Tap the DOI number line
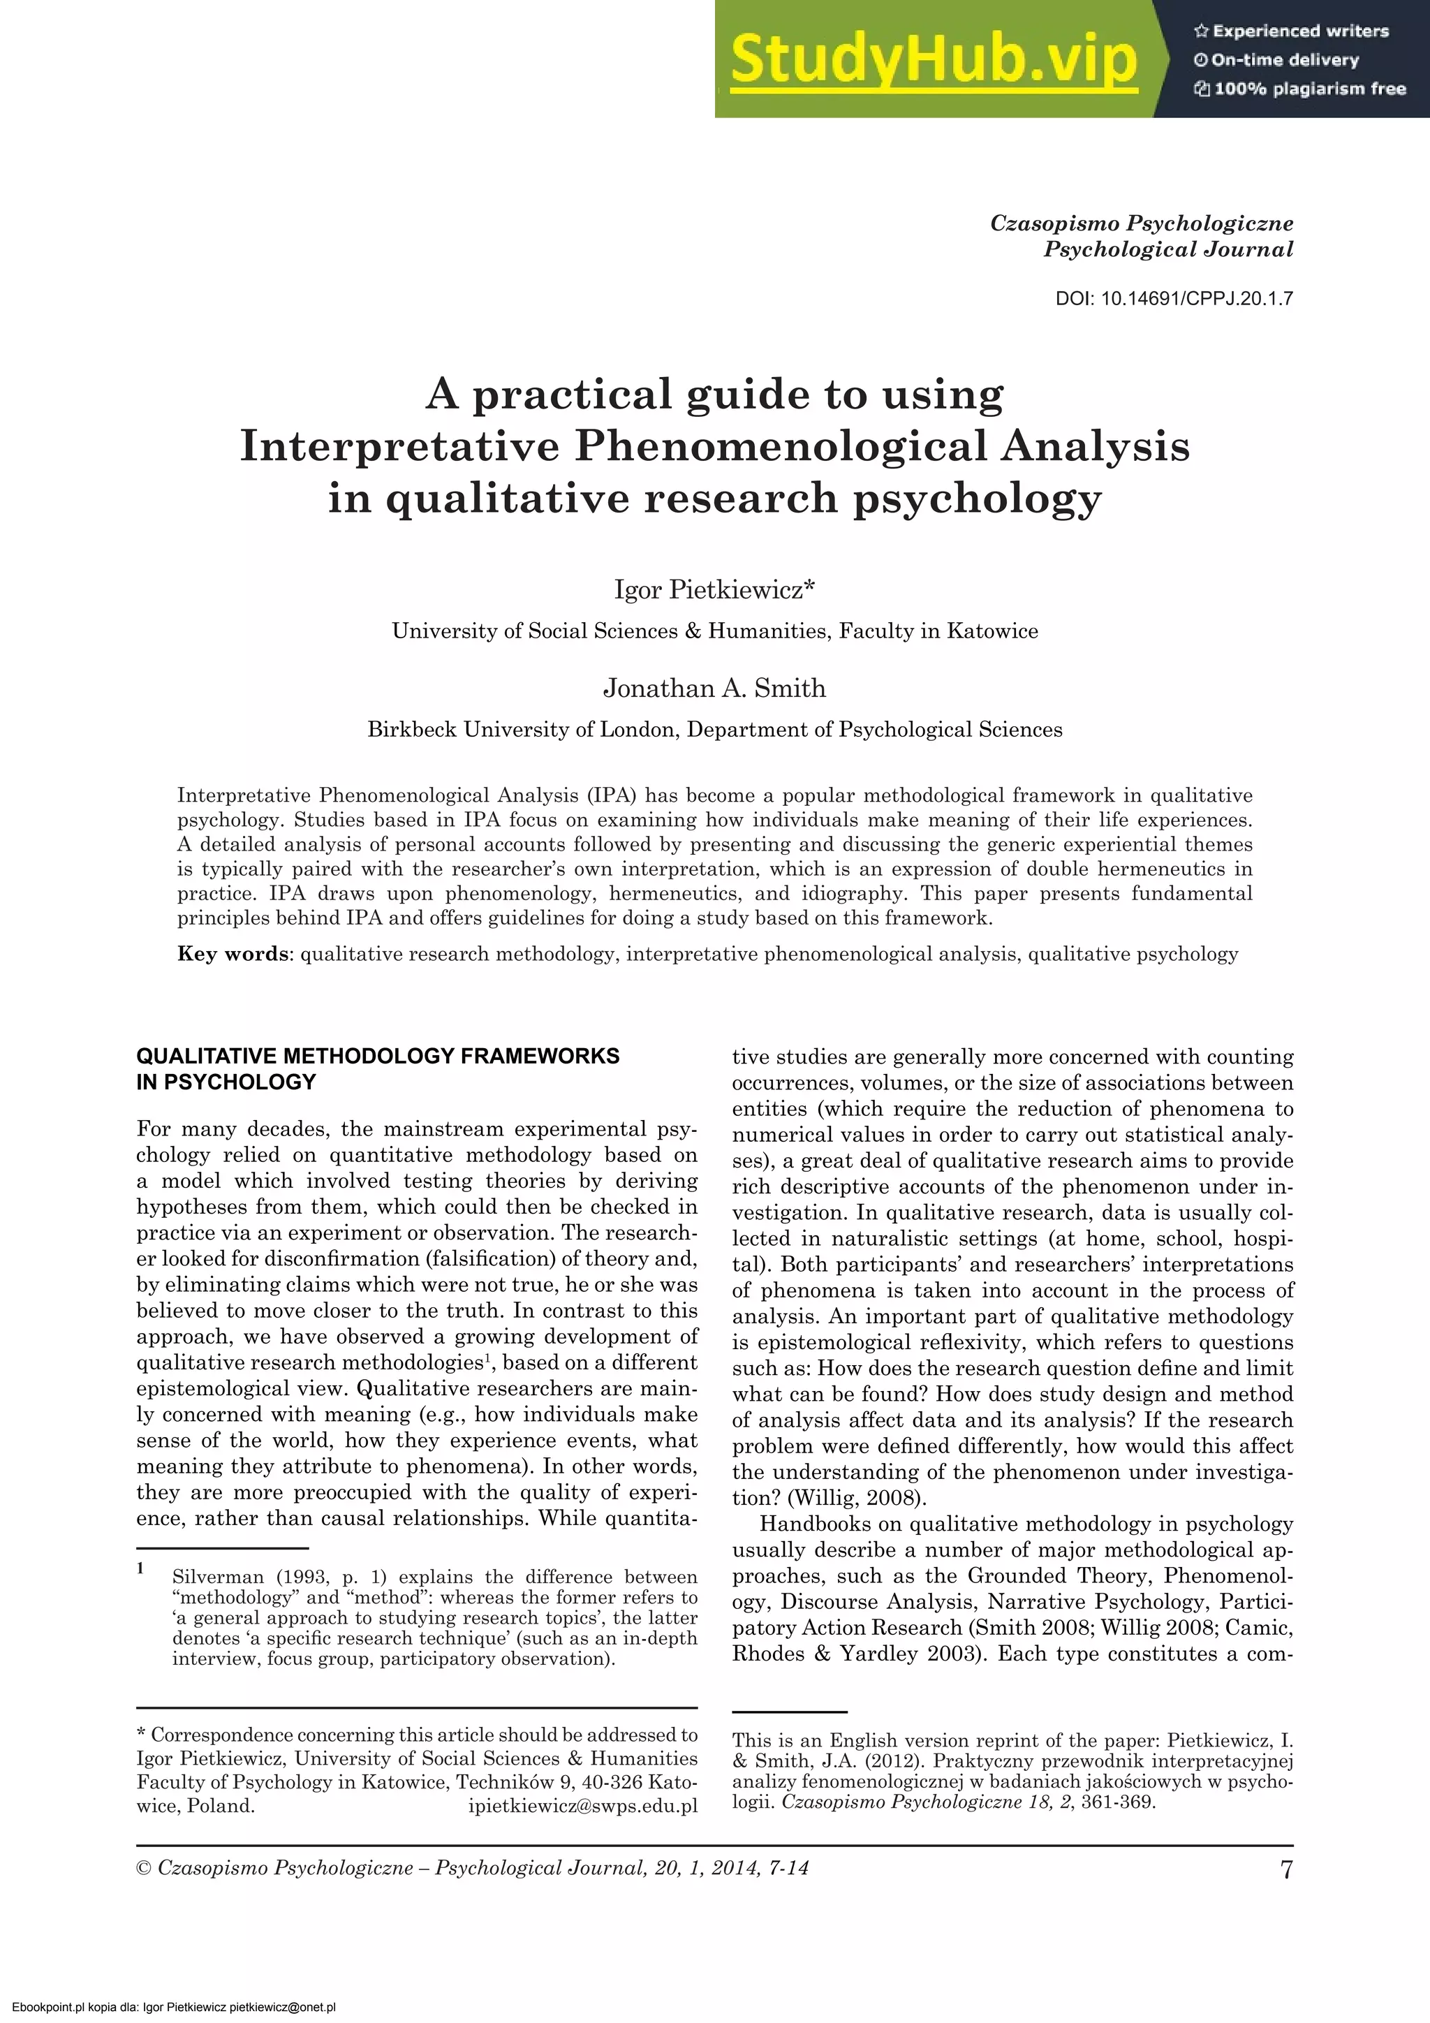(x=1174, y=299)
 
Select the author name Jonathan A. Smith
(x=714, y=688)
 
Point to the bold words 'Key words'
(x=233, y=953)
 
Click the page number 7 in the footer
(x=1286, y=1869)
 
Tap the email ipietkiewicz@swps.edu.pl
(x=582, y=1807)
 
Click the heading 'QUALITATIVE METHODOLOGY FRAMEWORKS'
(x=378, y=1056)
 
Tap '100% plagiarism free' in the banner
(x=1309, y=89)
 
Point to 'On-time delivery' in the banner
(x=1285, y=60)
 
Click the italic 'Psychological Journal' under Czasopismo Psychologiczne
(x=1168, y=249)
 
